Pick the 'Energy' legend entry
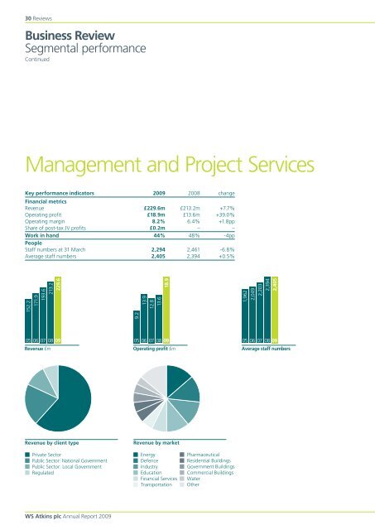150,455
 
